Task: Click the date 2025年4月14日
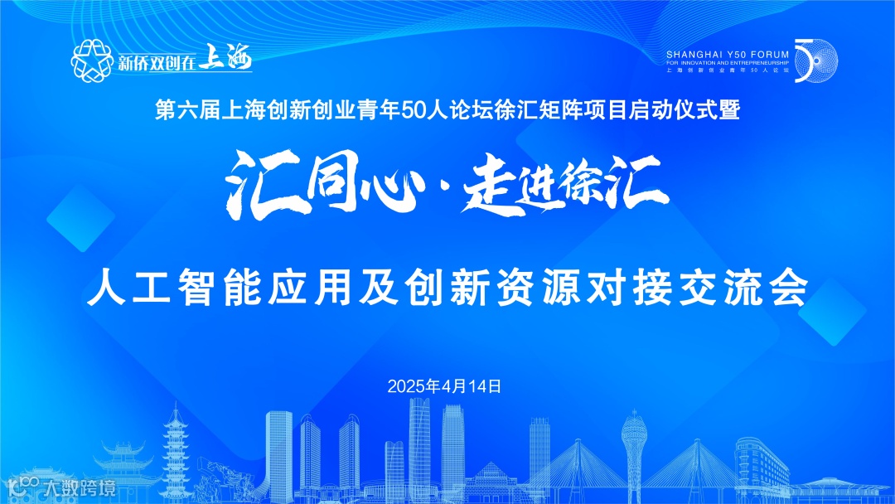click(x=445, y=386)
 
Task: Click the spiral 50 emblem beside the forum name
click(x=816, y=61)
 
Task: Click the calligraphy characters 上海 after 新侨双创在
click(x=225, y=60)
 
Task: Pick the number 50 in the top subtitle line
click(x=412, y=111)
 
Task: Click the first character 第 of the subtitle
click(x=165, y=111)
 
